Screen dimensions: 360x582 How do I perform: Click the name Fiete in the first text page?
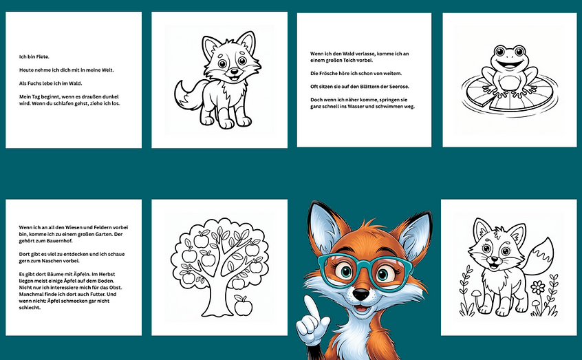coord(43,56)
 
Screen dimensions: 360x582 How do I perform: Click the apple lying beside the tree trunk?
coord(243,306)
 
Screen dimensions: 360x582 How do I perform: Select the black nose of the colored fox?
coord(360,297)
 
